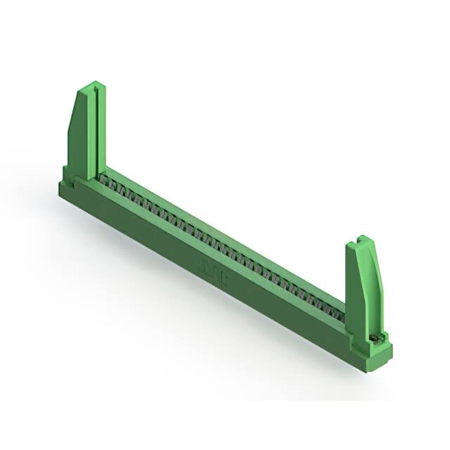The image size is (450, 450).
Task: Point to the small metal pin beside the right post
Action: pyautogui.click(x=377, y=337)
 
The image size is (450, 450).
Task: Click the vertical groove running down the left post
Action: pyautogui.click(x=91, y=134)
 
